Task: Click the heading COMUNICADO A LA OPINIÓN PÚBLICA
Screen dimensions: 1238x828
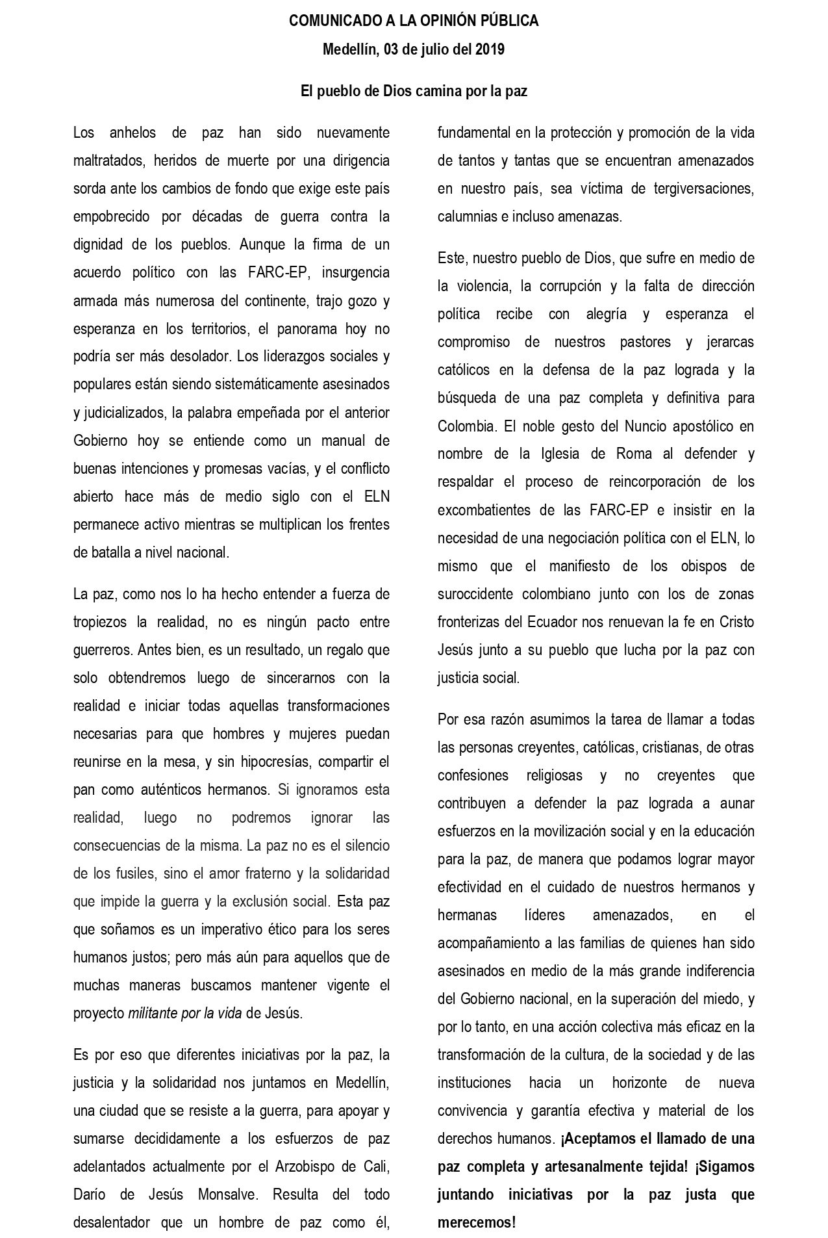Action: click(x=414, y=21)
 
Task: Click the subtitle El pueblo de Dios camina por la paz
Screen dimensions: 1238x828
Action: click(x=414, y=92)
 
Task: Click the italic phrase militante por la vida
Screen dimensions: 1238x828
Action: click(x=185, y=1013)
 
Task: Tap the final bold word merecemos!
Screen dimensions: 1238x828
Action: click(x=476, y=1222)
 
